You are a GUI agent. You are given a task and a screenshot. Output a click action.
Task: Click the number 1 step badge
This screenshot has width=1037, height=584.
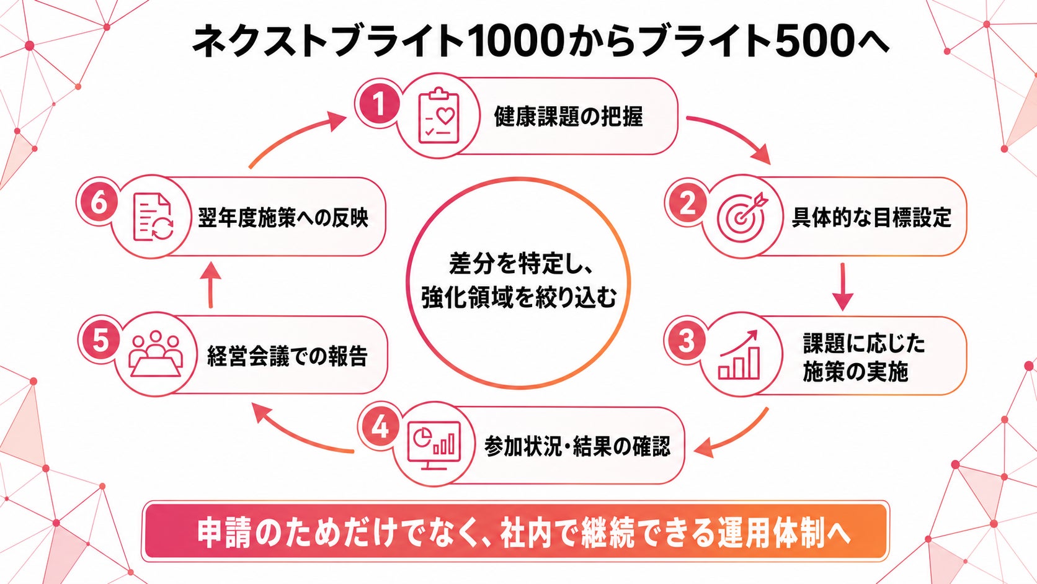pos(379,104)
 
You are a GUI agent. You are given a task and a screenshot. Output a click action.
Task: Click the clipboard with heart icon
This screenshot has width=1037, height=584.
pos(438,116)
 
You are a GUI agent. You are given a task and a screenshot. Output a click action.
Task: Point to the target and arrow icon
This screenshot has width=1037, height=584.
pos(742,216)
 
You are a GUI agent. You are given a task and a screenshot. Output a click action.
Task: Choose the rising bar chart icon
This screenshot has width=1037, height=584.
pos(739,355)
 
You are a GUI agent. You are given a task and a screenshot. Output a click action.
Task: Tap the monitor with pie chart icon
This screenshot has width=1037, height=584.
pos(434,445)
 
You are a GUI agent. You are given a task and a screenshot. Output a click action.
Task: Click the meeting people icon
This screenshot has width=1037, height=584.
pos(156,354)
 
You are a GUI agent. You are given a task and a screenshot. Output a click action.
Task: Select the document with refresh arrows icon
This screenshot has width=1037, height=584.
pos(153,217)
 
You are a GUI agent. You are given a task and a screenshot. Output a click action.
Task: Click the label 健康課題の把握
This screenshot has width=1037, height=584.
pos(569,117)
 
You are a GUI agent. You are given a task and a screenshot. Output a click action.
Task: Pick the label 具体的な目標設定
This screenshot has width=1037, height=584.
pos(871,217)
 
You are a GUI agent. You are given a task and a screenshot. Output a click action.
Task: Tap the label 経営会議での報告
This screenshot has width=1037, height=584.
pos(287,356)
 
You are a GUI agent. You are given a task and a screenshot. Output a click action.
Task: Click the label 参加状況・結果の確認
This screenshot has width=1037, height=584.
pos(577,446)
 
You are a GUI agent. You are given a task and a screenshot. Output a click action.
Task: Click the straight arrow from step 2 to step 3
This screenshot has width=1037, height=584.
pos(842,287)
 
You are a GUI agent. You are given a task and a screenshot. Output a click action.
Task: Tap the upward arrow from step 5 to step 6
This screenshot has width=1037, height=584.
pos(211,284)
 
